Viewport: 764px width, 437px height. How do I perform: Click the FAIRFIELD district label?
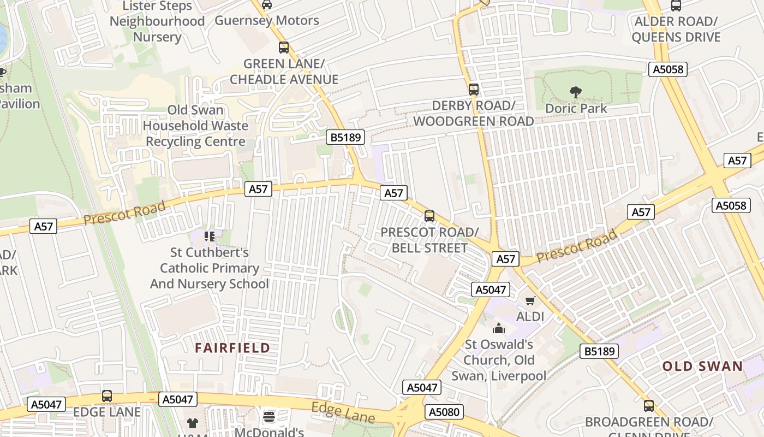click(232, 348)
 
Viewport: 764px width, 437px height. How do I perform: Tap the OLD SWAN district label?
click(703, 366)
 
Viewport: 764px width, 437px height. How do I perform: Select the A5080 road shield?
click(444, 412)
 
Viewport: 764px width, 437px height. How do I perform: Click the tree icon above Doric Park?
click(575, 92)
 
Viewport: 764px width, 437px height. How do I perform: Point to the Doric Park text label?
click(576, 108)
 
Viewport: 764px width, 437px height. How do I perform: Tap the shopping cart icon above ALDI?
click(530, 300)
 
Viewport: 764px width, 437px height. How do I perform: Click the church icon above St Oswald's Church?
click(498, 328)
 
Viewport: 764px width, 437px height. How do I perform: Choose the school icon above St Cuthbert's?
click(210, 237)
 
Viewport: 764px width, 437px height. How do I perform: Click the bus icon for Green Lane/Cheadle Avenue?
click(283, 48)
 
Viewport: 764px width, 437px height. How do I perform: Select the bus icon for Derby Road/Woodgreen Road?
click(473, 89)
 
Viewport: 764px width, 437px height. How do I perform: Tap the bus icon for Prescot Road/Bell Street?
click(429, 216)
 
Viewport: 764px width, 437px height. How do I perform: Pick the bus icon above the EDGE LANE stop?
click(107, 396)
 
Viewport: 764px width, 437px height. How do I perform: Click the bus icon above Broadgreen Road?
click(648, 406)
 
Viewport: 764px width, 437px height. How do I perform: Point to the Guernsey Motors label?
click(267, 21)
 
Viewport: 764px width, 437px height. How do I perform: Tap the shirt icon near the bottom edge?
click(193, 423)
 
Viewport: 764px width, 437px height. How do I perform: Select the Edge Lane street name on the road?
click(343, 413)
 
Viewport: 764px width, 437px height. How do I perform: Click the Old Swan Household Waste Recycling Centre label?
click(195, 126)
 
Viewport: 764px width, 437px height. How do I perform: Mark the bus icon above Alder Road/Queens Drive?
click(676, 6)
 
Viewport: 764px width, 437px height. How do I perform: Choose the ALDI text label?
click(530, 316)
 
